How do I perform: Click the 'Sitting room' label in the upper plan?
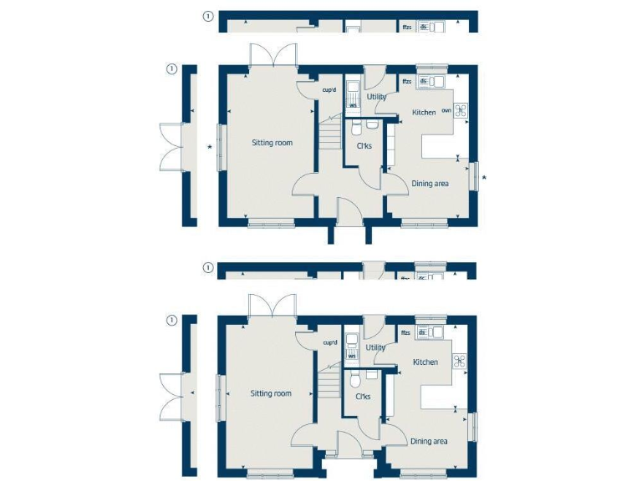(x=273, y=143)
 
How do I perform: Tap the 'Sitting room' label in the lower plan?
(x=271, y=393)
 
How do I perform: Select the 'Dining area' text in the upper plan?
(x=430, y=184)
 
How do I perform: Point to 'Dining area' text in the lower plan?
(x=428, y=441)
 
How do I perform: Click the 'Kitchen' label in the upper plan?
(x=424, y=112)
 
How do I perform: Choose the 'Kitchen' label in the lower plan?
(x=425, y=362)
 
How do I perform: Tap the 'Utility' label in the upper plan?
(x=376, y=97)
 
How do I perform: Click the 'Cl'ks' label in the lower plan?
(x=363, y=397)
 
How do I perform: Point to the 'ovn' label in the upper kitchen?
(x=446, y=109)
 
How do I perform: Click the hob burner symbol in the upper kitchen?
(x=460, y=109)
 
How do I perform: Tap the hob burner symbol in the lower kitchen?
(x=459, y=361)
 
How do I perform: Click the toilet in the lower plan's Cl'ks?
(x=355, y=380)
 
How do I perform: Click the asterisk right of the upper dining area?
(x=484, y=176)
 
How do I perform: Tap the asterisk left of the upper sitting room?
(x=210, y=149)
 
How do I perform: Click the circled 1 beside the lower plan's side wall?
(x=171, y=320)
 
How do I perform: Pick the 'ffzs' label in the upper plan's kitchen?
(x=406, y=81)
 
